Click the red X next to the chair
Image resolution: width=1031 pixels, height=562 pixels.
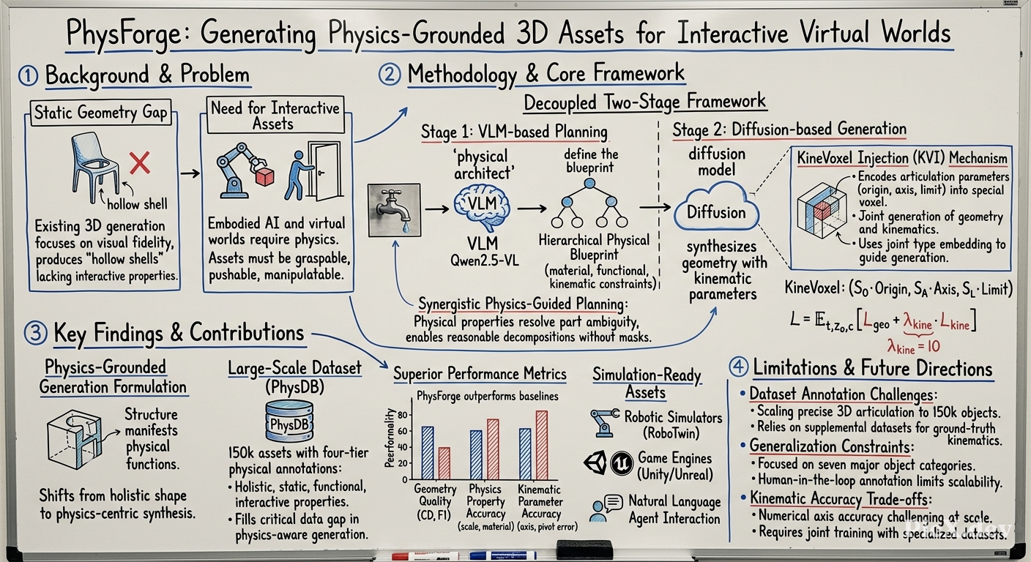click(139, 163)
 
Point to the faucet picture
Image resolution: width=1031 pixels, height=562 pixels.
click(395, 210)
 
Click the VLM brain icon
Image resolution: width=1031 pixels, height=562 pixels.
click(482, 206)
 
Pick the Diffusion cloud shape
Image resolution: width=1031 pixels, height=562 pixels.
click(716, 206)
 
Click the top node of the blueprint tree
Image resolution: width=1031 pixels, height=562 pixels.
click(589, 184)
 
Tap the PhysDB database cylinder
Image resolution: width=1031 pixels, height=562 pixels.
click(289, 421)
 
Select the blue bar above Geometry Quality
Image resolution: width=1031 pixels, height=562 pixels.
click(428, 453)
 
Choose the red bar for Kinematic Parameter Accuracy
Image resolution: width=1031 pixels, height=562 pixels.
click(542, 445)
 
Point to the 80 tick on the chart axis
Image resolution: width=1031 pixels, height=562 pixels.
click(402, 416)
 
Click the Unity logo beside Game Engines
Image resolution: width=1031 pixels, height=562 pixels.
click(595, 462)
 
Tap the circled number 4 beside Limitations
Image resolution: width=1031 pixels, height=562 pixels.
click(738, 367)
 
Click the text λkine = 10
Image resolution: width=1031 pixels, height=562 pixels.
click(913, 346)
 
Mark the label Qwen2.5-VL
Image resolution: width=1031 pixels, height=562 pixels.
click(484, 261)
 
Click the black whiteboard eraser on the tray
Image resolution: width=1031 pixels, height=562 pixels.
click(584, 550)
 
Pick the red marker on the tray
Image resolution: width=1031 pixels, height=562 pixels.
click(425, 555)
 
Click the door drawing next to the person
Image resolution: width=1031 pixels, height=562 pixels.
click(325, 171)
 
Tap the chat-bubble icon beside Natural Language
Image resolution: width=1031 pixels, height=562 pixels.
click(612, 503)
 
